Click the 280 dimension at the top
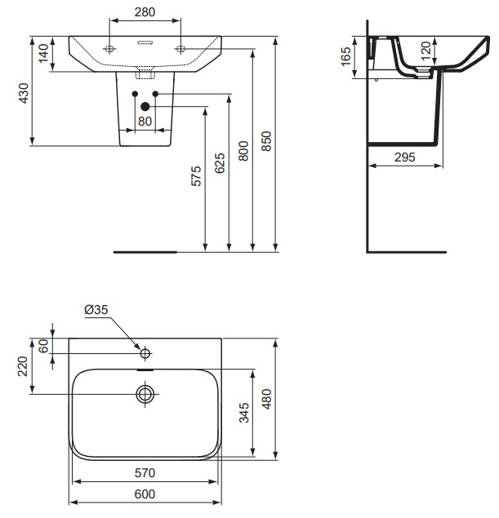[x=145, y=14]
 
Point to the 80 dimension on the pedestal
[x=145, y=122]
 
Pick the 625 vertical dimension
[x=220, y=164]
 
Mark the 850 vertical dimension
[x=266, y=141]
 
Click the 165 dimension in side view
[x=345, y=56]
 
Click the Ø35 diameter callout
[x=96, y=309]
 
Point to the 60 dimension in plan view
[x=43, y=345]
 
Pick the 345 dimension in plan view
[x=244, y=413]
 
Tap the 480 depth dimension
[x=267, y=399]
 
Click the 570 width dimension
[x=145, y=472]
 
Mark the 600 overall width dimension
[x=145, y=494]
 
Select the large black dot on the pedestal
[x=145, y=105]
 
